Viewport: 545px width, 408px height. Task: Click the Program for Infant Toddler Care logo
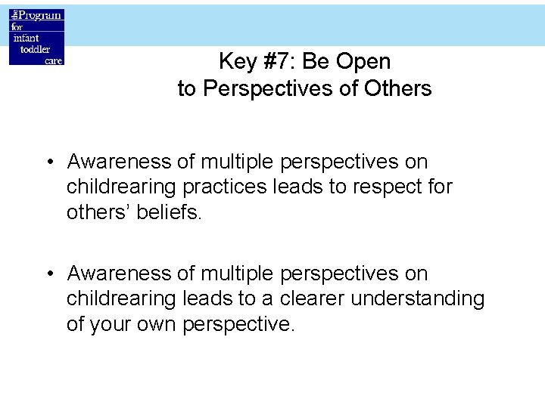36,37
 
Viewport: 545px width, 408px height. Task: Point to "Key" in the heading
236,61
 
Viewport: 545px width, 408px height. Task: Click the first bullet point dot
48,162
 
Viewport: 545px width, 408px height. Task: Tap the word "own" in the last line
157,324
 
